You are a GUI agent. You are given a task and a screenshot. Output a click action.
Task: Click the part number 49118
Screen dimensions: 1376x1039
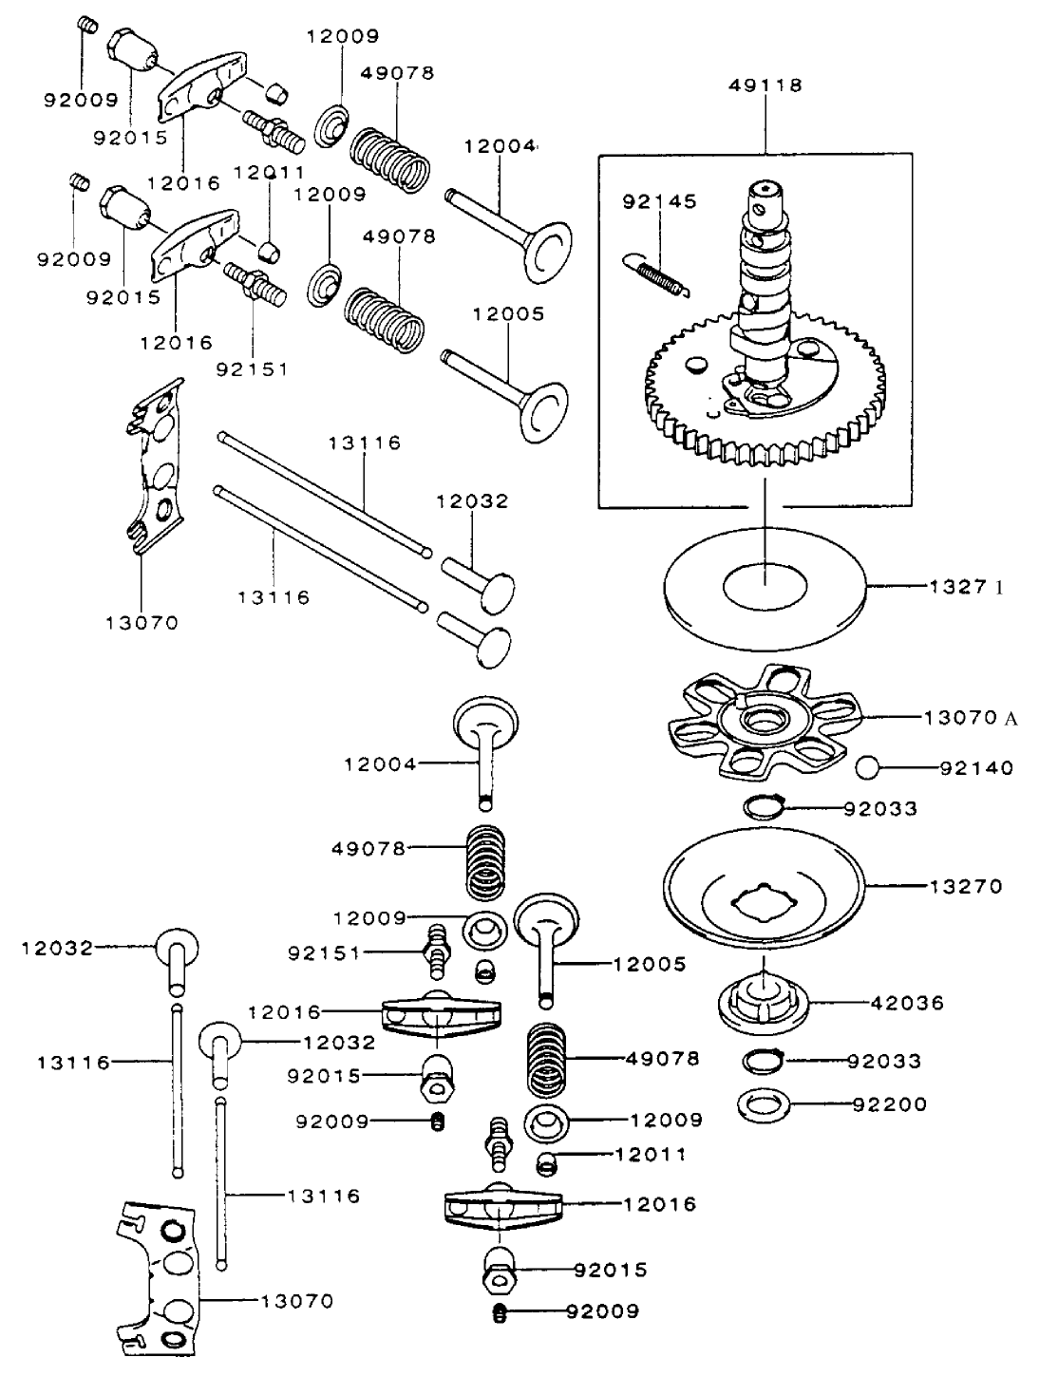[x=765, y=85]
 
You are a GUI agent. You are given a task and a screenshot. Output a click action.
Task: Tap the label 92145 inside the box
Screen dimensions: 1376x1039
[x=659, y=201]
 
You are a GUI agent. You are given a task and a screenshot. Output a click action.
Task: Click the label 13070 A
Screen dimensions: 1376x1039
[x=969, y=718]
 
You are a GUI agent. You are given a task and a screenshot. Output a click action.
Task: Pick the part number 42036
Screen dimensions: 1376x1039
[x=908, y=1003]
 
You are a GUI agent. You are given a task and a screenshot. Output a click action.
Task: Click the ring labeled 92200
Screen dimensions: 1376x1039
[x=765, y=1104]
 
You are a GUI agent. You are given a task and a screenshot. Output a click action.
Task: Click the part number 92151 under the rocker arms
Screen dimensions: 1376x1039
[x=252, y=368]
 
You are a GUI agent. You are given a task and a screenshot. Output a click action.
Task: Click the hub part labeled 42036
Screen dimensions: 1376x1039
[x=765, y=1002]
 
